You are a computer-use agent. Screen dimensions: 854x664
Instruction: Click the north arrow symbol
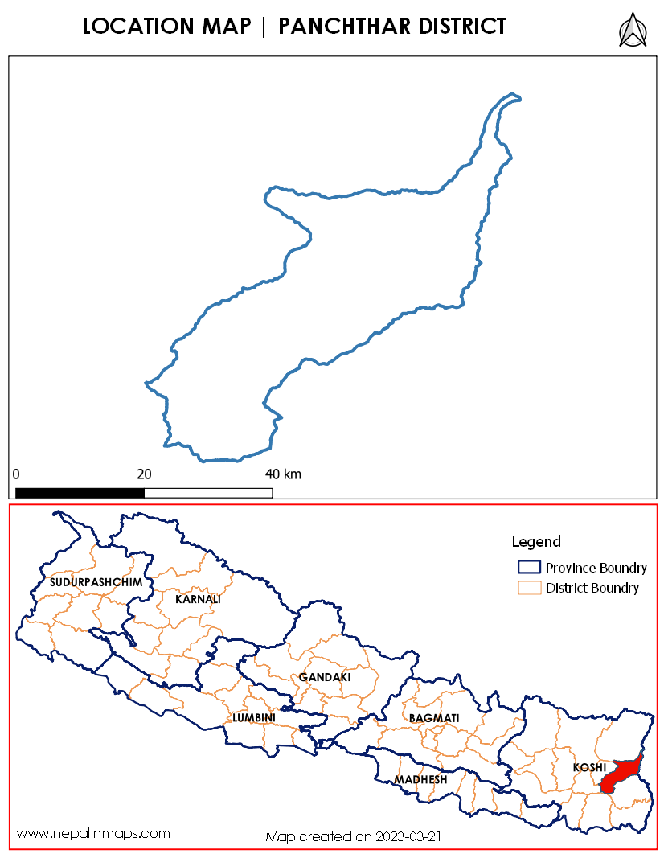point(633,30)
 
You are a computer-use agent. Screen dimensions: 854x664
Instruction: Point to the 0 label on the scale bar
point(16,474)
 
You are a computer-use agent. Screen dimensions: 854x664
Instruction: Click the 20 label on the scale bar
point(145,474)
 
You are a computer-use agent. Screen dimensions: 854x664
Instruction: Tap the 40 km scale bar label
point(283,474)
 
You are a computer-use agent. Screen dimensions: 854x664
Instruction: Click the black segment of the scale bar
point(80,492)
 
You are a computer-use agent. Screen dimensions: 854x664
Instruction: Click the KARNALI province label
point(198,599)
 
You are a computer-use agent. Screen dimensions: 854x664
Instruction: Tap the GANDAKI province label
point(325,677)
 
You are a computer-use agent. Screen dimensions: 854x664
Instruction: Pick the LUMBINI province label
point(254,717)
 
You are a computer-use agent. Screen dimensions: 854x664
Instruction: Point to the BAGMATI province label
point(434,717)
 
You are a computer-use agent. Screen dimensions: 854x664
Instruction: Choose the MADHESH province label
point(420,780)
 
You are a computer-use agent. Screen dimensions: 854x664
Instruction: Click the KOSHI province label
point(588,768)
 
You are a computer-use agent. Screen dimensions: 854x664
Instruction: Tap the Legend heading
point(536,542)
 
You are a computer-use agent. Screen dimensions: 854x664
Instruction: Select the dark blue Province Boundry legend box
point(528,567)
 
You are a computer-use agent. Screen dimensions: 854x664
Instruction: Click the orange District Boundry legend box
point(528,588)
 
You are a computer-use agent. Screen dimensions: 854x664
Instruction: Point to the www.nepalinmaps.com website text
point(93,833)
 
